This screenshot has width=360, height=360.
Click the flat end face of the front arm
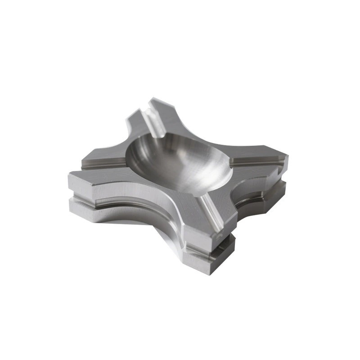coord(211,238)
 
